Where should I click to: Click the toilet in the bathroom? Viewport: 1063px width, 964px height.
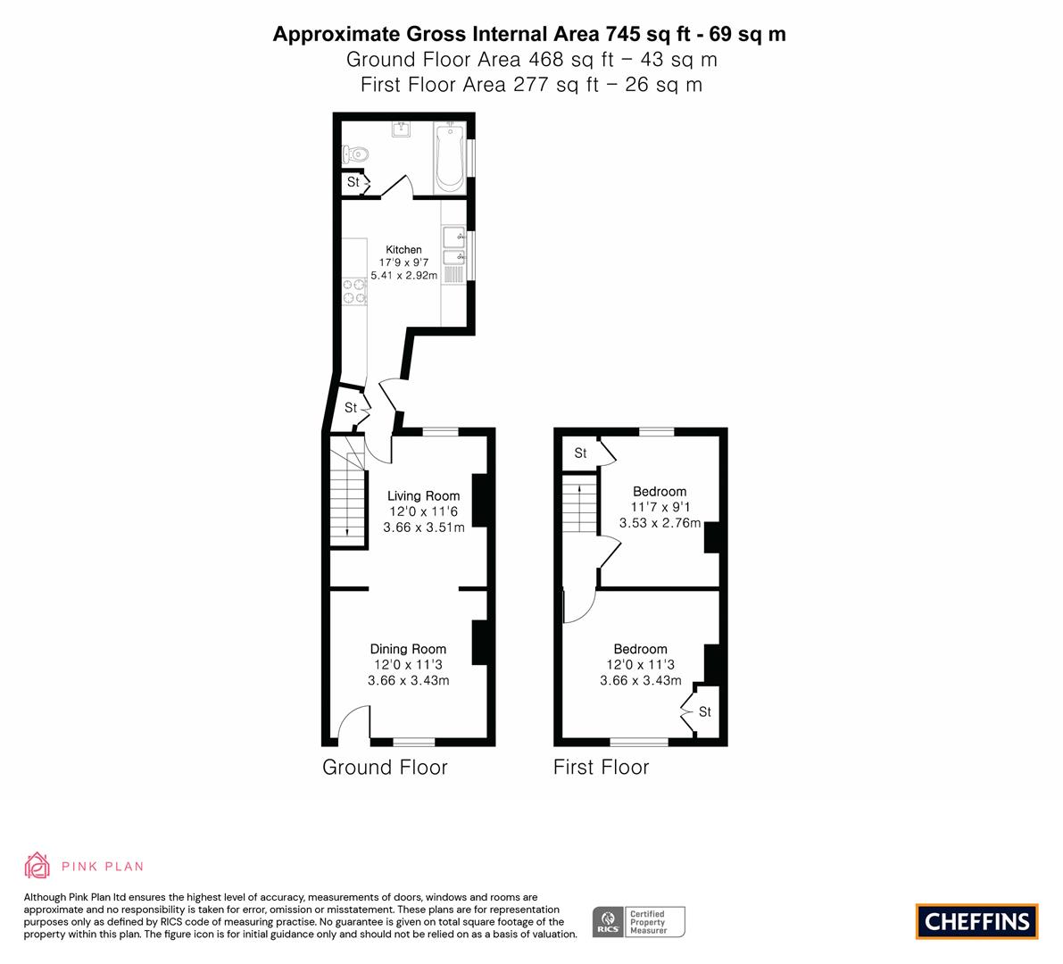[354, 154]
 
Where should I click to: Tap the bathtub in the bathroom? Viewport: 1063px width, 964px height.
[449, 158]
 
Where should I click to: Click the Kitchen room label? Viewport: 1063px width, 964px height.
[403, 249]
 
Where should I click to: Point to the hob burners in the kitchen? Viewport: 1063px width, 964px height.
[353, 292]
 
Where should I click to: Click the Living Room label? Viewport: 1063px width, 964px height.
[423, 495]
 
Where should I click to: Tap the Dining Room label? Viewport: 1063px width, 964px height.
[408, 649]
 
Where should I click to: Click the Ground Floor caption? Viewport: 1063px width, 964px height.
[385, 767]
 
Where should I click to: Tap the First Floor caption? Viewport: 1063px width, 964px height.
[602, 767]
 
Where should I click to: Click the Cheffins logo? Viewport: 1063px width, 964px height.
[977, 921]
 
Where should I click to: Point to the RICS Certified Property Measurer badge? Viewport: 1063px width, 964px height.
[639, 922]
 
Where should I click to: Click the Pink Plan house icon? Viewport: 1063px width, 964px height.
[37, 866]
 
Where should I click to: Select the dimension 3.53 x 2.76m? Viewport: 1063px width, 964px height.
[660, 523]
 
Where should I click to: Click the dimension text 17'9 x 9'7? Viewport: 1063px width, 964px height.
[403, 262]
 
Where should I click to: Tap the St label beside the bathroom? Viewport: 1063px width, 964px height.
[353, 182]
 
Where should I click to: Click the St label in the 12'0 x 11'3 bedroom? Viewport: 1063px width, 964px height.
[705, 711]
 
